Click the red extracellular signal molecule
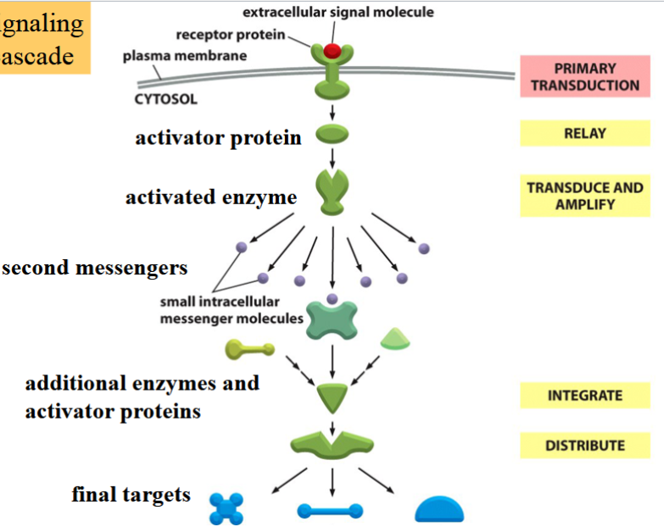point(332,51)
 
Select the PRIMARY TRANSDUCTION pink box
point(584,77)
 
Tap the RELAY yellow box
point(584,133)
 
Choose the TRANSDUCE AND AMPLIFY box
point(584,196)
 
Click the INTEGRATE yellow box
point(584,395)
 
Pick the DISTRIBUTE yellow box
point(584,445)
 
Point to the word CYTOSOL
point(165,99)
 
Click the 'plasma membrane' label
point(185,57)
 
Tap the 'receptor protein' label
point(230,35)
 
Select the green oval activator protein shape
point(332,135)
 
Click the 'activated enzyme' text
point(211,197)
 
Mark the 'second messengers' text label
point(94,269)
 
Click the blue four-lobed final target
point(226,509)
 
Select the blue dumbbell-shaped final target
point(331,511)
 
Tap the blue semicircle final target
point(439,508)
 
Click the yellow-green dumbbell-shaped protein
point(249,348)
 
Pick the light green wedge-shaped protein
point(395,339)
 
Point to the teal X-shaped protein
point(332,321)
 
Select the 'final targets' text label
point(131,495)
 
